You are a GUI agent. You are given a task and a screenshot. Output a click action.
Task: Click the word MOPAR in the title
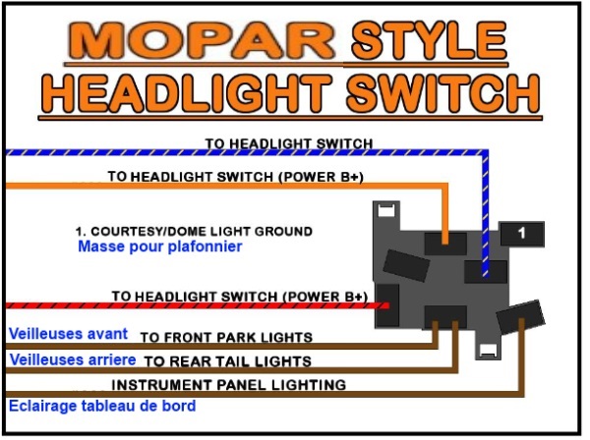coord(202,41)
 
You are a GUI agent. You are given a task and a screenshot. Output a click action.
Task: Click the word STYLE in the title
coord(429,40)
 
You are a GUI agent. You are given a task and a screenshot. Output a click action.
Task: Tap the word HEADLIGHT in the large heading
coord(187,93)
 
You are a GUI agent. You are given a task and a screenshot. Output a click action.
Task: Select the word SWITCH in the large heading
coord(442,93)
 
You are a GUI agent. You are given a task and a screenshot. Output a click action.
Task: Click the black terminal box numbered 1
coord(522,234)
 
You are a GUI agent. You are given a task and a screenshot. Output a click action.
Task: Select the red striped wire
coord(198,305)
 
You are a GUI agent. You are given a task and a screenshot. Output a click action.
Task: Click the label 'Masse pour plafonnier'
coord(160,247)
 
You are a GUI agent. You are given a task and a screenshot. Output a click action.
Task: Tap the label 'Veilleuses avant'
coord(68,334)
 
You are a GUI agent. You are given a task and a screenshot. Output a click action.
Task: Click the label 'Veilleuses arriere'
coord(73,359)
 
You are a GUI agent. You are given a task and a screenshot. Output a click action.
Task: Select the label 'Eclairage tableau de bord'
coord(102,406)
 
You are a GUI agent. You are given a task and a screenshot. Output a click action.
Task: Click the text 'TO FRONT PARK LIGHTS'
coord(226,338)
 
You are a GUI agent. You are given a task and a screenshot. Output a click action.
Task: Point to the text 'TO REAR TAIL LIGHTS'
coord(228,361)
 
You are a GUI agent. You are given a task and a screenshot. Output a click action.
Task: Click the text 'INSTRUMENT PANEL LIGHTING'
coord(229,385)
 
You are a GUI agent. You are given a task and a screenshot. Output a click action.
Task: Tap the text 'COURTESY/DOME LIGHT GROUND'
coord(202,231)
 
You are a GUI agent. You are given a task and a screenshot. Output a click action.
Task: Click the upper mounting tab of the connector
coord(386,213)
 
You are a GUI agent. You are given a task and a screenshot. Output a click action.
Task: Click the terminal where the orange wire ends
coord(445,244)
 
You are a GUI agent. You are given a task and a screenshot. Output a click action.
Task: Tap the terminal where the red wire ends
coord(387,305)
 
